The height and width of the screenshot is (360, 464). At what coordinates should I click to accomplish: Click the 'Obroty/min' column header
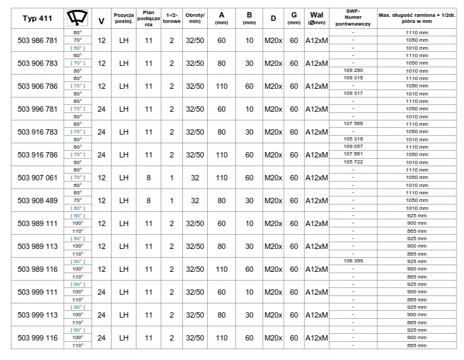click(x=195, y=18)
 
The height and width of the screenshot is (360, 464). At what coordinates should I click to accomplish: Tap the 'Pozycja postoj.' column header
click(x=124, y=18)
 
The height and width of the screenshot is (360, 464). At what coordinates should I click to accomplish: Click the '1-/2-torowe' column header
click(x=171, y=18)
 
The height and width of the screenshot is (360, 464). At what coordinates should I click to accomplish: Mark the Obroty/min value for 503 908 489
click(x=195, y=200)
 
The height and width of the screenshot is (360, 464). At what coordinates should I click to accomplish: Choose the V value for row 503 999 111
click(x=101, y=292)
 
